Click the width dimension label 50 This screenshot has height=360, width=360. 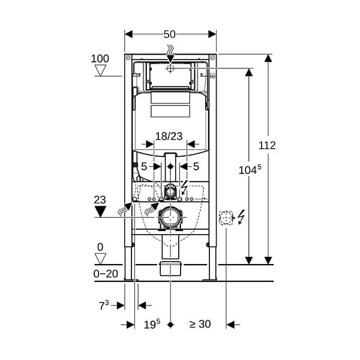[170, 34]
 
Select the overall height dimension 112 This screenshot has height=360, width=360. [267, 145]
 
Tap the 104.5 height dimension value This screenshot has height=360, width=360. [250, 169]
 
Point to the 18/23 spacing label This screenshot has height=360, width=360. [169, 136]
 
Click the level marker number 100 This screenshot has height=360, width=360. [100, 59]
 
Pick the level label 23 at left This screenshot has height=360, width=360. [100, 200]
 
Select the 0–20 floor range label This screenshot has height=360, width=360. [106, 274]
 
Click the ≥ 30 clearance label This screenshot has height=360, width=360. [200, 324]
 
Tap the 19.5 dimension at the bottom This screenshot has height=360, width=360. [152, 324]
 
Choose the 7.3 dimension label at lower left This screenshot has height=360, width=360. [104, 305]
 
